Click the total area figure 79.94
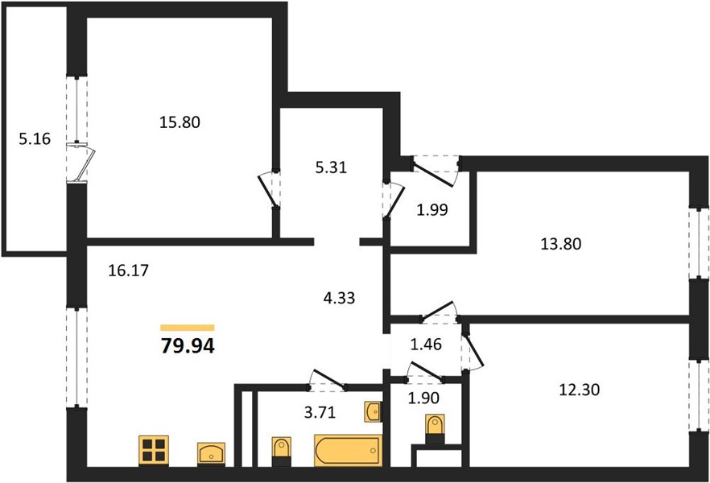(188, 346)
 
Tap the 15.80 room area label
(180, 122)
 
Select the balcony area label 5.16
(35, 139)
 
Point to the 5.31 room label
(331, 167)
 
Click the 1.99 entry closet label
(432, 210)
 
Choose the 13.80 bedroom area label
(561, 244)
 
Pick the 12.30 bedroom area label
(580, 390)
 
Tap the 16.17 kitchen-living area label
(129, 270)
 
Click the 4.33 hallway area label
(339, 298)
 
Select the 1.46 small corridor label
(426, 345)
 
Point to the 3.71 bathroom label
(320, 413)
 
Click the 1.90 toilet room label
(423, 398)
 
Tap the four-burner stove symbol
(154, 451)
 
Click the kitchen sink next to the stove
(212, 453)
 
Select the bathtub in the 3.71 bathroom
(349, 451)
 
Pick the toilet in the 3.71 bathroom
(281, 452)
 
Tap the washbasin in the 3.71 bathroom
(374, 411)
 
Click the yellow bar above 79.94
(188, 328)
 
